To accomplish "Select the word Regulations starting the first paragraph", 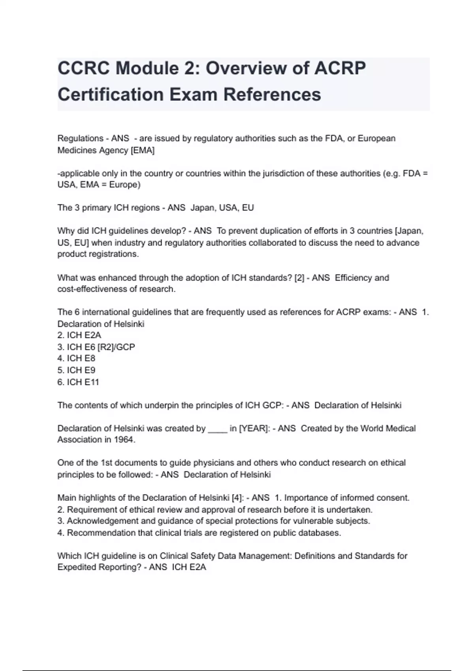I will point(81,139).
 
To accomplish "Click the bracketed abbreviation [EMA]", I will point(143,150).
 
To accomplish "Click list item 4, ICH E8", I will point(77,358).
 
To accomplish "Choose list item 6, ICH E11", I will point(78,382).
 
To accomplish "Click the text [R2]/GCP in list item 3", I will point(116,347).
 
